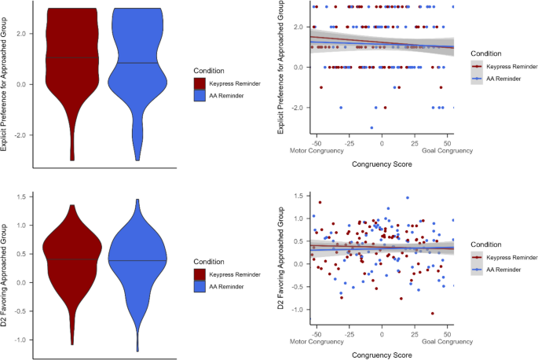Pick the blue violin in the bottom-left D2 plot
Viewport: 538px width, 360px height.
coord(137,261)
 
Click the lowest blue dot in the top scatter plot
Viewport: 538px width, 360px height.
coord(371,128)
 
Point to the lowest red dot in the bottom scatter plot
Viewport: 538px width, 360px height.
coord(432,314)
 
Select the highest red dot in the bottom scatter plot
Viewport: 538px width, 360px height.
coord(320,202)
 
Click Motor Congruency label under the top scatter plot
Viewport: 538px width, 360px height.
coord(317,150)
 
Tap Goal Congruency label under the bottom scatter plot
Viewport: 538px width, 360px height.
coord(447,341)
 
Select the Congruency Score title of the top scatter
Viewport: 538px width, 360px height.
coord(382,164)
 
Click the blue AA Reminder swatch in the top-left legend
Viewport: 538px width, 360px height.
coord(199,95)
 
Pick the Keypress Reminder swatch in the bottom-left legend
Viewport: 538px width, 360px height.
coord(199,274)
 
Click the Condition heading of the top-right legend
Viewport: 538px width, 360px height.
coord(486,53)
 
